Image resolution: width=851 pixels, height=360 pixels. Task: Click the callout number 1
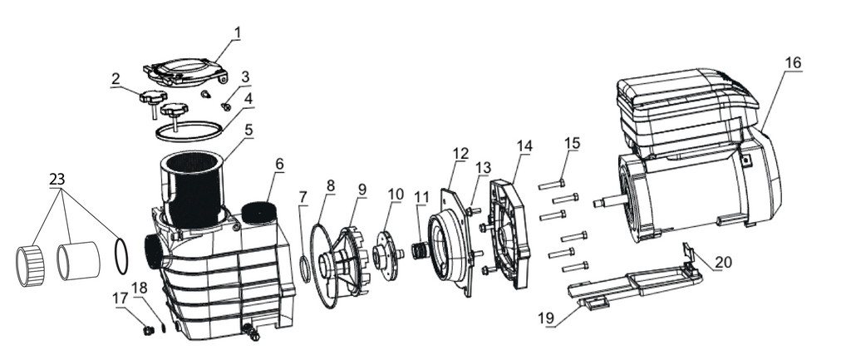(237, 33)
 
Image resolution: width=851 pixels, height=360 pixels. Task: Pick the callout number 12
(460, 153)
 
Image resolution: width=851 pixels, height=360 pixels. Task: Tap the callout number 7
(303, 197)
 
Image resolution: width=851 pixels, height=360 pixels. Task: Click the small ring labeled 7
(305, 269)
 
